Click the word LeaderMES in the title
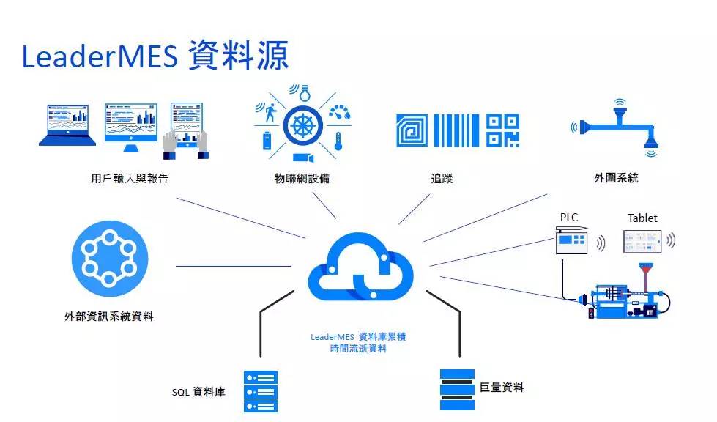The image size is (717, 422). click(x=100, y=56)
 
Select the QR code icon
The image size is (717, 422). click(x=502, y=130)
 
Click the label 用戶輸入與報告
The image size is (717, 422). click(x=125, y=178)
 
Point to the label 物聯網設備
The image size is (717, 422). click(x=302, y=178)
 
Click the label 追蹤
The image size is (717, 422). click(x=442, y=178)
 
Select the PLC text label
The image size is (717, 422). click(x=569, y=218)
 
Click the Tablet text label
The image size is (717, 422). click(x=642, y=218)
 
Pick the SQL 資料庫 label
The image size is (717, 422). click(x=198, y=392)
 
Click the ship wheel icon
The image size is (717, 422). click(x=302, y=125)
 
